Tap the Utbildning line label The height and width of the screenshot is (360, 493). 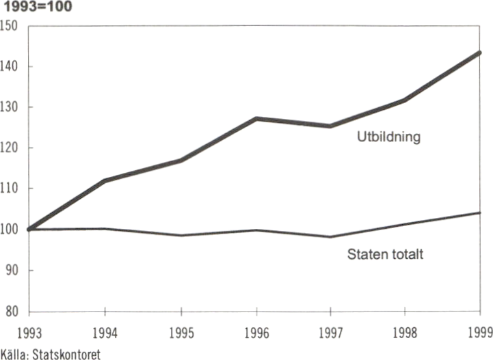(388, 137)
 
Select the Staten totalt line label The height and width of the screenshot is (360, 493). (386, 255)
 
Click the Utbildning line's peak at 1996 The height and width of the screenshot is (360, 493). (256, 119)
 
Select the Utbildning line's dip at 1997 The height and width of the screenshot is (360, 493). (331, 126)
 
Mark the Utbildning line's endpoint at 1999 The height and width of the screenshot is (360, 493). (479, 53)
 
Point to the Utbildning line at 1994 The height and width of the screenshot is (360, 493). (105, 180)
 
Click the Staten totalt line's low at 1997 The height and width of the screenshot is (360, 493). (331, 236)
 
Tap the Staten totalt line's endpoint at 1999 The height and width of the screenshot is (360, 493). (480, 212)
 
